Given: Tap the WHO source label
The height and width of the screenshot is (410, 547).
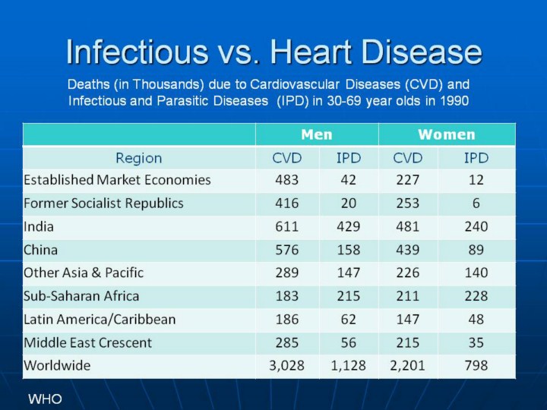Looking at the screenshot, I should coord(45,399).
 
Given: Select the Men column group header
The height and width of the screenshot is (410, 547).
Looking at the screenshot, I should coord(316,135).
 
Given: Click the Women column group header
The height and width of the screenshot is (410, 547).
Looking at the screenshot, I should coord(446,135).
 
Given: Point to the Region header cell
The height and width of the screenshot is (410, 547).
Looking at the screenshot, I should coord(138,158).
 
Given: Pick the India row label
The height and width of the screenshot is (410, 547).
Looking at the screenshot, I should coord(39,226).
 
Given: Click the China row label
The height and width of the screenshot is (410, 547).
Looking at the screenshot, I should coord(40,249).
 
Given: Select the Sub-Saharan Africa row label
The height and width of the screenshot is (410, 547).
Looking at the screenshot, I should coord(81,295).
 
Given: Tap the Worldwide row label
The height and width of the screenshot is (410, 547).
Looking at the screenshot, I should coord(57,365).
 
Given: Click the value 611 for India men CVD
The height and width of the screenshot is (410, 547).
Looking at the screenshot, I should coord(286,226).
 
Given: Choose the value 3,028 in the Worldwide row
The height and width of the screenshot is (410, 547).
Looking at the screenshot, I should coord(286,365).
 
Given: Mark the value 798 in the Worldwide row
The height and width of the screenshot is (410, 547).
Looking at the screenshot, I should coord(476,365).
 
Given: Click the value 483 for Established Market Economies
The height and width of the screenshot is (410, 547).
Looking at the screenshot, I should coord(286,180).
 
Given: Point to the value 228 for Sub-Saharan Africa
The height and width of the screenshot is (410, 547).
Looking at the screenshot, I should coord(476,295).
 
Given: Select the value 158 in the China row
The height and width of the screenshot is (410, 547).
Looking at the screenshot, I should coord(349,249).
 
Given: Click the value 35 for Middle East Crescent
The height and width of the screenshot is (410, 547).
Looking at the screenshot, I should coord(476,342).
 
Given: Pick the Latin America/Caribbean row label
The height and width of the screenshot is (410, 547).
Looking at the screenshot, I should coord(100,319).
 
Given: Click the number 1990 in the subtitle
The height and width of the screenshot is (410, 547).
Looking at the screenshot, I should coord(451,99).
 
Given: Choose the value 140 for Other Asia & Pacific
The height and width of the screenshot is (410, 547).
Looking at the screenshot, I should coord(476,273).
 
